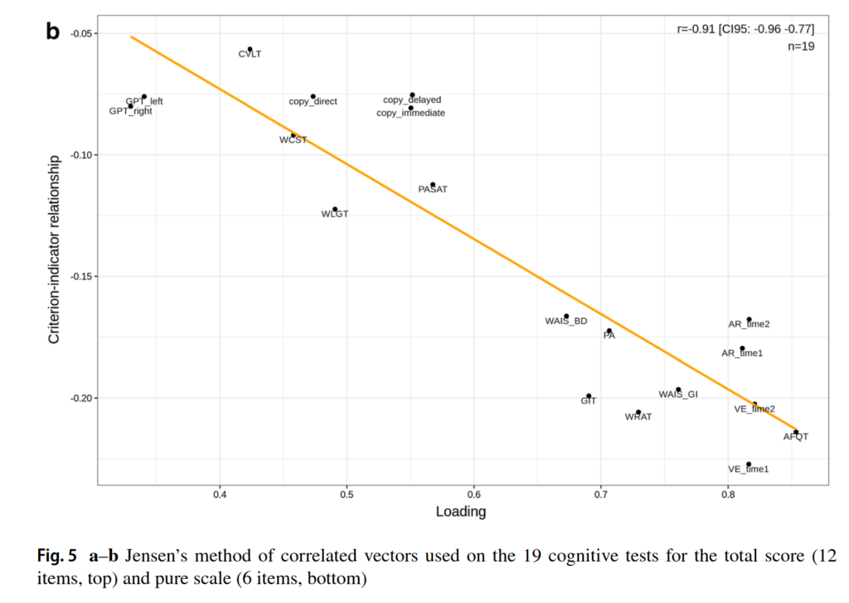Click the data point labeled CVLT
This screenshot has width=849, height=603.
click(x=250, y=49)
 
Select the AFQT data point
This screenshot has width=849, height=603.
click(x=796, y=432)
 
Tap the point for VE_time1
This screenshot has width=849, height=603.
click(x=749, y=465)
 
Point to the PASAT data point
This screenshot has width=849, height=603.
click(x=433, y=185)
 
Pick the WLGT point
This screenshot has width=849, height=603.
click(x=335, y=210)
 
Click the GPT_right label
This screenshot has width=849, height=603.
click(x=131, y=111)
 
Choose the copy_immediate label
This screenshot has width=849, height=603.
click(x=410, y=113)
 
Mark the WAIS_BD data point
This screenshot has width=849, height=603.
click(x=566, y=316)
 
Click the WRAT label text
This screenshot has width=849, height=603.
click(x=638, y=417)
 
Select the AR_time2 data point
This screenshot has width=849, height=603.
click(x=749, y=319)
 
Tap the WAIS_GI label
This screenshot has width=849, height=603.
click(x=678, y=394)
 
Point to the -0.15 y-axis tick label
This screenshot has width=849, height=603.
click(x=81, y=277)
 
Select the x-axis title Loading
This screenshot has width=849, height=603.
click(x=461, y=512)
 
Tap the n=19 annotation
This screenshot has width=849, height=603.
click(x=800, y=46)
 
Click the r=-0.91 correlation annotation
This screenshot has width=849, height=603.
click(x=745, y=30)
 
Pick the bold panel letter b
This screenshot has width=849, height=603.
click(x=53, y=31)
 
